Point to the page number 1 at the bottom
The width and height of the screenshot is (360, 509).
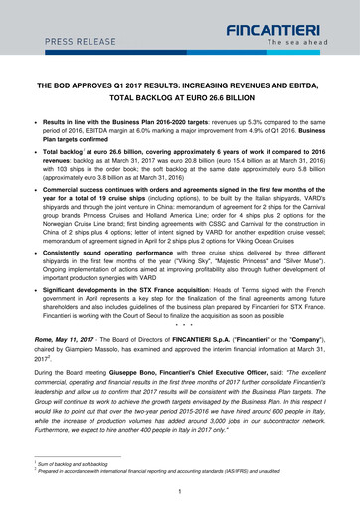[x=179, y=490]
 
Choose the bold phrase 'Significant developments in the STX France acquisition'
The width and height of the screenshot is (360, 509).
[x=150, y=297]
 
